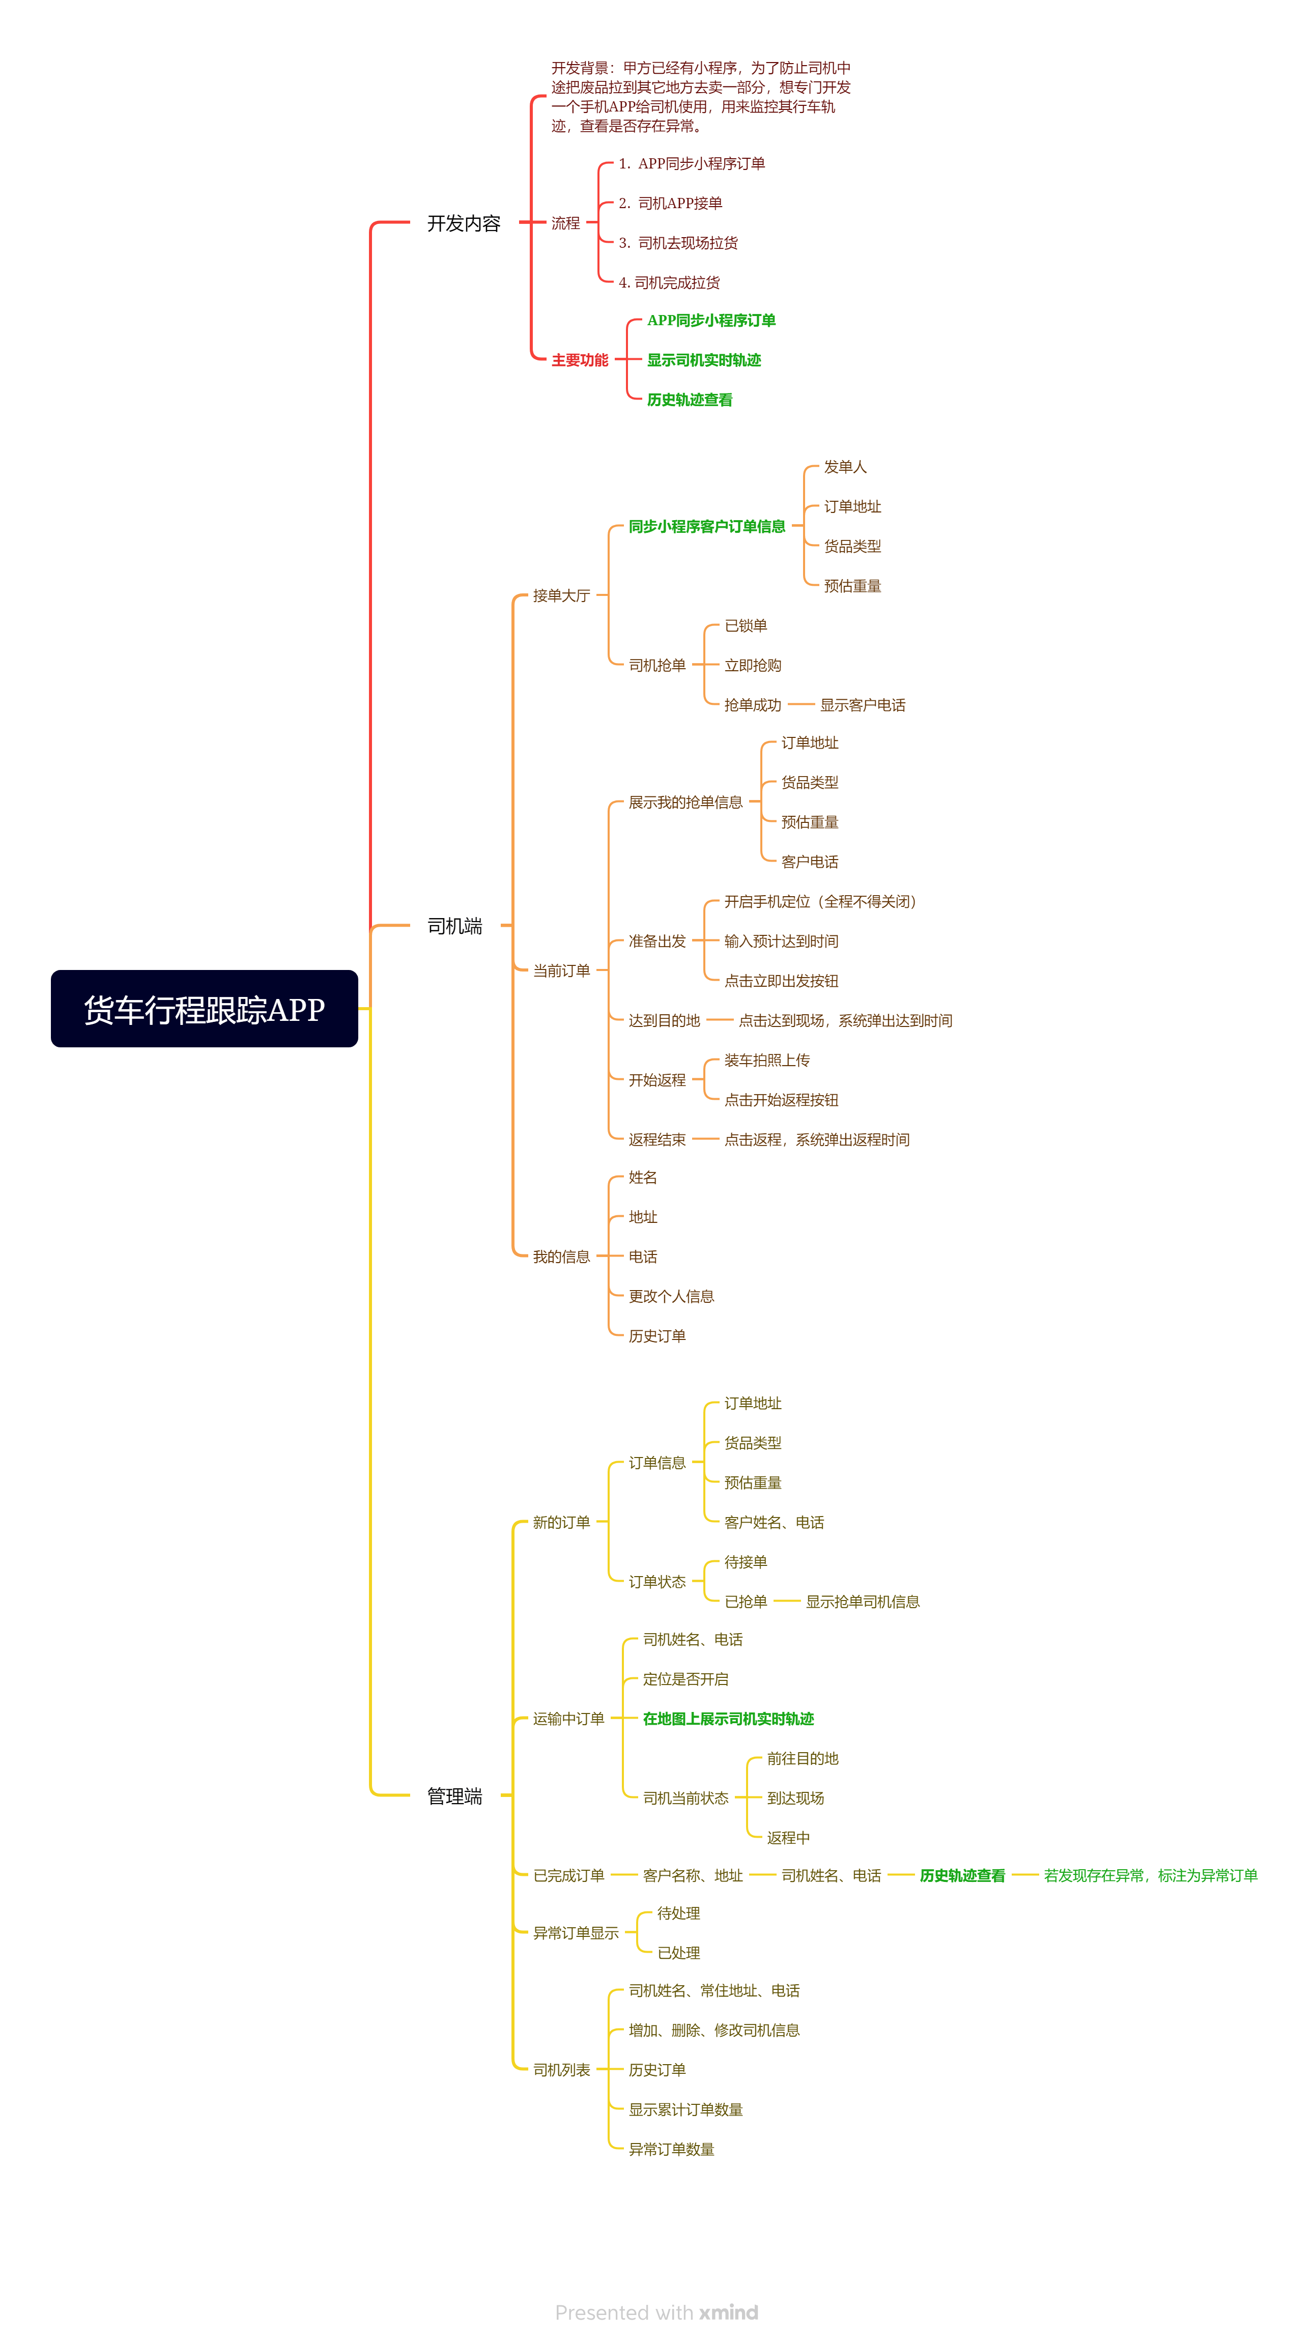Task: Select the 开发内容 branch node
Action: click(464, 223)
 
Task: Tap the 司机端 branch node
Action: click(454, 926)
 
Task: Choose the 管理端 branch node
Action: click(454, 1795)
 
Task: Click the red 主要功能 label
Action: click(579, 360)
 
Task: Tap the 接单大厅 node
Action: click(561, 595)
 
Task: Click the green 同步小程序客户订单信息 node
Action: click(706, 526)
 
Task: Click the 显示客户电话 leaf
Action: click(862, 705)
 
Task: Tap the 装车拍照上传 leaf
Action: click(766, 1060)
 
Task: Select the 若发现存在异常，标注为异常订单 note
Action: click(1151, 1876)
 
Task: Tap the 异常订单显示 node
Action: click(575, 1933)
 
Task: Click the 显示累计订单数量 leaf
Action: click(685, 2109)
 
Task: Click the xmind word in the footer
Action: click(728, 2312)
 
